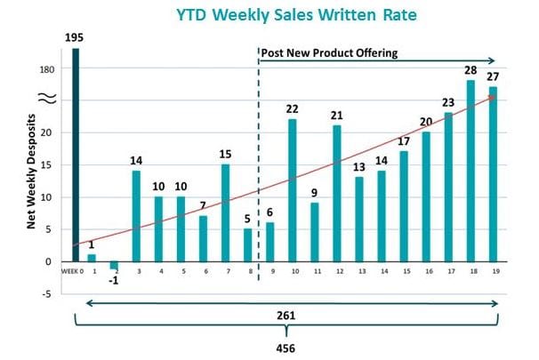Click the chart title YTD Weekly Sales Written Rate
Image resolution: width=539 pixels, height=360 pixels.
(x=283, y=14)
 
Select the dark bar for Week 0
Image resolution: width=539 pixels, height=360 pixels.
(x=76, y=155)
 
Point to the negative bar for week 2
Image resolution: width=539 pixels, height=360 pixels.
(x=113, y=265)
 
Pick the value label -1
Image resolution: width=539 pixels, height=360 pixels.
(x=114, y=280)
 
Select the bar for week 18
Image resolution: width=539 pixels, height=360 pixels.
(x=470, y=171)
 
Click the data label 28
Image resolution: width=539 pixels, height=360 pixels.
(x=470, y=70)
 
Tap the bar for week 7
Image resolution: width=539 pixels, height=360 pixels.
(x=226, y=212)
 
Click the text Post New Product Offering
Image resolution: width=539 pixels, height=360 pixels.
(x=328, y=53)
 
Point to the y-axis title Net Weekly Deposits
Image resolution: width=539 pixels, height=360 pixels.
(x=31, y=172)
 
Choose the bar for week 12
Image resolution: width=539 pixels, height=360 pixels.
(x=336, y=193)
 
